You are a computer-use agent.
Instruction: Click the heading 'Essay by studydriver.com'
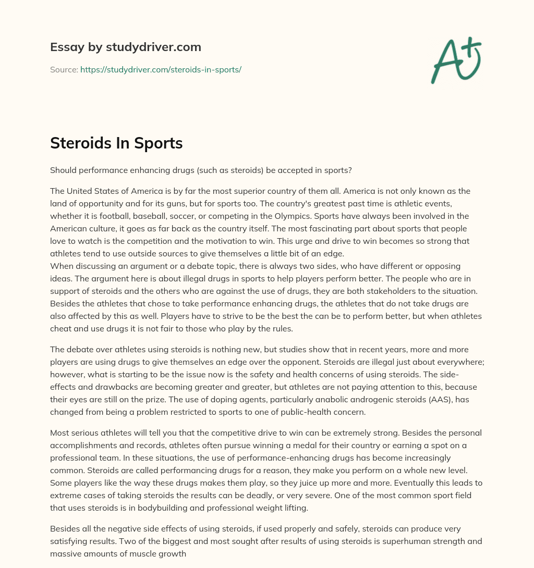point(126,47)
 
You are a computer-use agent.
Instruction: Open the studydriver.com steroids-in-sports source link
point(161,69)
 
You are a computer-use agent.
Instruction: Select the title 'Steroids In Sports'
point(116,143)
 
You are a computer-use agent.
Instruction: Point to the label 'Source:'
point(64,69)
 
